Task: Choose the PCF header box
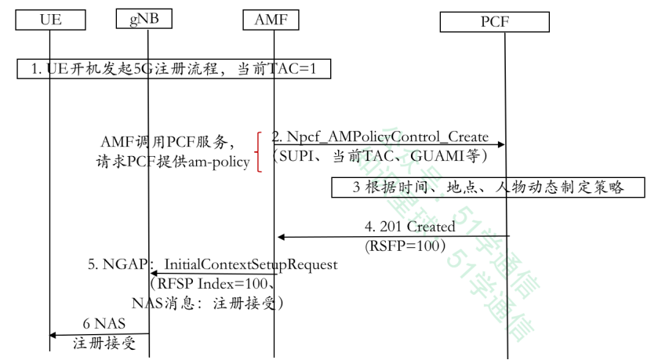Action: pyautogui.click(x=495, y=22)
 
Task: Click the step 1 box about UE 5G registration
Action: pyautogui.click(x=173, y=70)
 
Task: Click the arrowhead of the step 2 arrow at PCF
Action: pyautogui.click(x=500, y=144)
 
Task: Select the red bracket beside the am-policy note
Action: pyautogui.click(x=257, y=151)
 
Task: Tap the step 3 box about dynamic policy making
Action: pyautogui.click(x=488, y=187)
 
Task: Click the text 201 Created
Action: pyautogui.click(x=421, y=227)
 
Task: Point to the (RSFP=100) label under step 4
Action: pyautogui.click(x=406, y=245)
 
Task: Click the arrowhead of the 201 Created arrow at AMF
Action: pyautogui.click(x=281, y=237)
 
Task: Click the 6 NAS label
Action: pyautogui.click(x=104, y=324)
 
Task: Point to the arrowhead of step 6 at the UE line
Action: pyautogui.click(x=53, y=335)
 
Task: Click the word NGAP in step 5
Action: pyautogui.click(x=125, y=264)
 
